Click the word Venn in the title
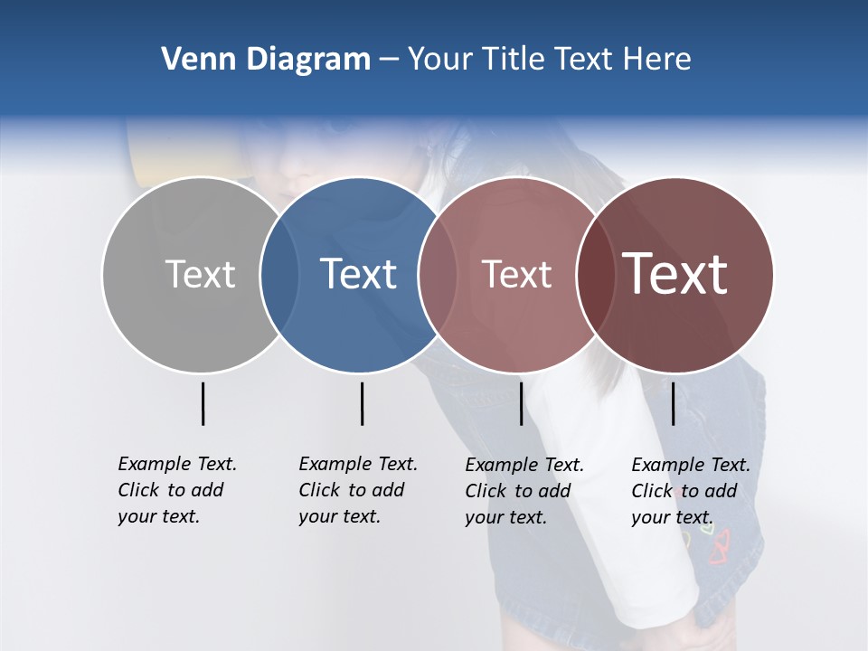pos(190,60)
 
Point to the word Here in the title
pos(658,60)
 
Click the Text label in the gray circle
pos(200,274)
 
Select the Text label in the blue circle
pos(358,274)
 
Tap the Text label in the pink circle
pos(516,274)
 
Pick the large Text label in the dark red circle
pos(675,274)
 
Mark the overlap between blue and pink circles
pos(437,274)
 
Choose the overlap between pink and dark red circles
pos(594,274)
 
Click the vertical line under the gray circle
pos(203,403)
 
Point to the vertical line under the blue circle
pos(362,403)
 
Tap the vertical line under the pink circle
pos(521,403)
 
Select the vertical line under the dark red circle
pos(673,403)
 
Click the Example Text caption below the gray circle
pos(177,490)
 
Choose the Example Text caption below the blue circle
pos(358,490)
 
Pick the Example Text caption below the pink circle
pos(524,491)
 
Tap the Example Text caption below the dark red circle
pos(691,491)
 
